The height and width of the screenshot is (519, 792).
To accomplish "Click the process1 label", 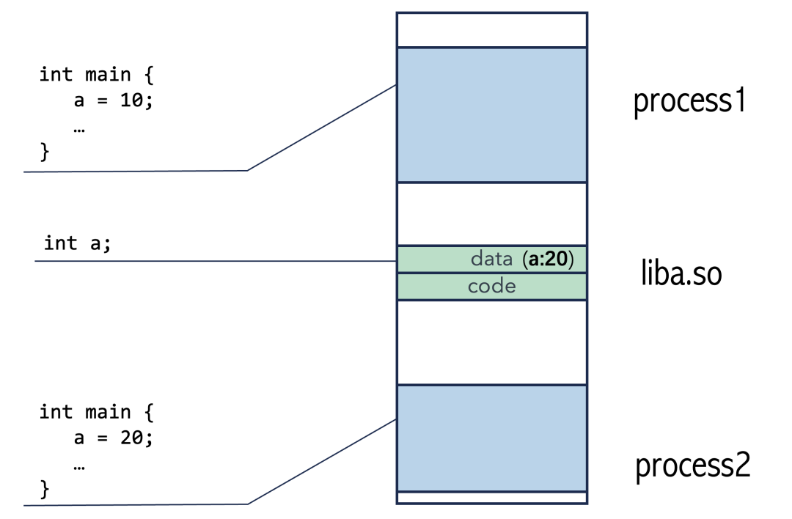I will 689,101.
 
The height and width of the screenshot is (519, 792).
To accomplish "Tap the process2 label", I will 692,465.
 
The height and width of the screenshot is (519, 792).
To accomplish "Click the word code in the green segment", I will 491,286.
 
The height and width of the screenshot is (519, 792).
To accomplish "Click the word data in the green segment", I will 491,259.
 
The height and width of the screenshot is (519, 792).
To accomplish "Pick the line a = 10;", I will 113,101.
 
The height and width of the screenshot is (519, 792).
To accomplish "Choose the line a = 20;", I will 113,438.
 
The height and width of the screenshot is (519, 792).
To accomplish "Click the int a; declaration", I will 78,243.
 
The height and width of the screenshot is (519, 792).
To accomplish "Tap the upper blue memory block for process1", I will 491,114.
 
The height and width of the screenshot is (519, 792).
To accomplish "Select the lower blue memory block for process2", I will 491,438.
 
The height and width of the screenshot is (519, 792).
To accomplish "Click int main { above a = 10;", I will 95,75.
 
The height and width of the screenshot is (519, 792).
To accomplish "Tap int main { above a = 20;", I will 95,412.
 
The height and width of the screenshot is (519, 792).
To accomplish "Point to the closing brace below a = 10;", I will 45,152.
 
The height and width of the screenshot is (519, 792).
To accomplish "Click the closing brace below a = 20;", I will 45,488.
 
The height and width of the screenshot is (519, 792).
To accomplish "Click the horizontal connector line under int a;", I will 213,261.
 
